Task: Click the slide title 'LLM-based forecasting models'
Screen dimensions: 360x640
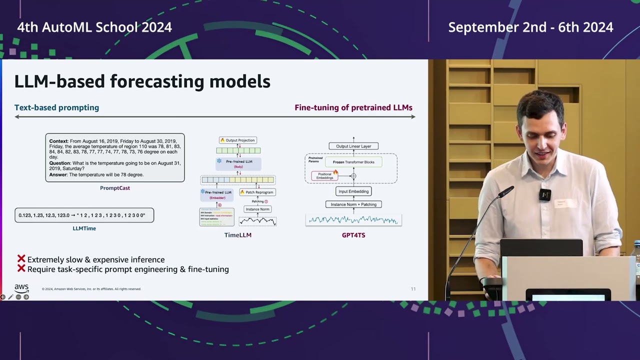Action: click(x=142, y=81)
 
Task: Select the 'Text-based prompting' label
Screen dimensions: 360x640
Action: click(x=56, y=107)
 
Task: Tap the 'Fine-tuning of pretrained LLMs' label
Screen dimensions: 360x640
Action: click(x=353, y=107)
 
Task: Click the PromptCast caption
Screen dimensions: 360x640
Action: click(x=114, y=188)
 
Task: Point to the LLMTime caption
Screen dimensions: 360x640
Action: click(x=84, y=228)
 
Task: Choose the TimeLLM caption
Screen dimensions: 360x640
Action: click(x=237, y=235)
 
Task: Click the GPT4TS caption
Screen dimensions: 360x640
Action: click(x=353, y=235)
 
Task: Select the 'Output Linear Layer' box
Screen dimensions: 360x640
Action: click(x=353, y=146)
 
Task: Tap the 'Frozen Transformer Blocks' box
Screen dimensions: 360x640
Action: click(x=353, y=162)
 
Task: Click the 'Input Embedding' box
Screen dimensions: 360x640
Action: click(x=353, y=191)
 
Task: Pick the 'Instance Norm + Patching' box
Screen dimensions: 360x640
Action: click(x=353, y=204)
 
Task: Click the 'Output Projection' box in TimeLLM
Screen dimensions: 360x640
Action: click(x=238, y=140)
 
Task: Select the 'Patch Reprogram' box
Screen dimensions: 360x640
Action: click(x=257, y=192)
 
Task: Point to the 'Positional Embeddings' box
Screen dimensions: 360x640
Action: click(x=324, y=176)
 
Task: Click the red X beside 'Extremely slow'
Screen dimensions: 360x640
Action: click(x=21, y=259)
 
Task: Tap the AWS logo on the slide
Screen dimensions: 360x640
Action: click(x=21, y=288)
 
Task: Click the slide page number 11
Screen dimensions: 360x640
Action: click(x=413, y=289)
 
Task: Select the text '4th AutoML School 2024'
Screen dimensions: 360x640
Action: click(x=94, y=27)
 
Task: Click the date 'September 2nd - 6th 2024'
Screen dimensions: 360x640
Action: click(x=530, y=27)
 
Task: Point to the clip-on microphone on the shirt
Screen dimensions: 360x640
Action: click(x=544, y=194)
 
